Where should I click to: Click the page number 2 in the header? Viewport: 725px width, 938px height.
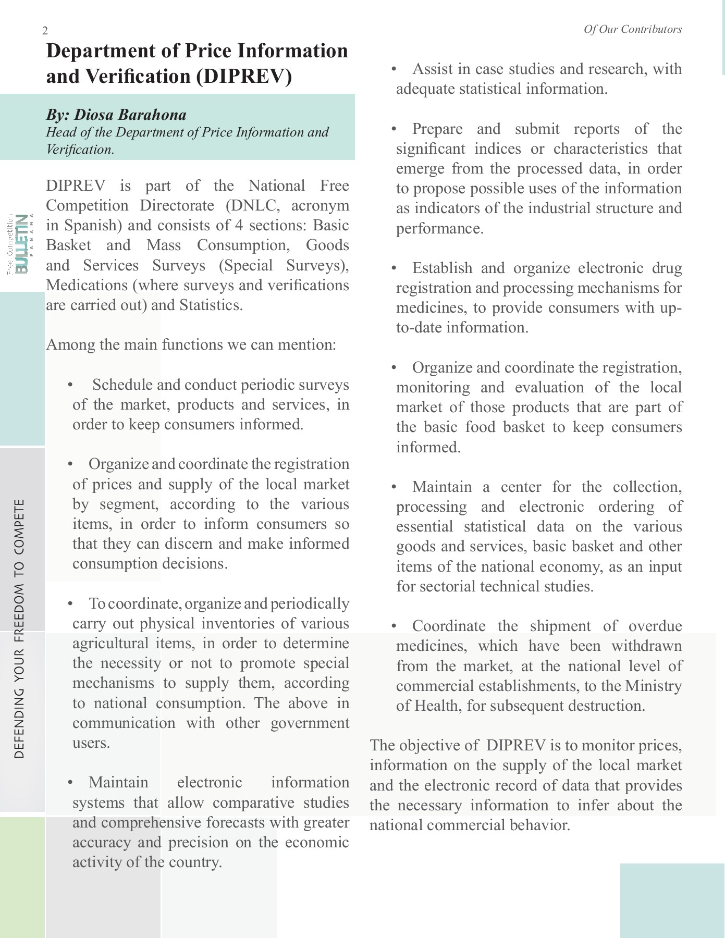(x=45, y=31)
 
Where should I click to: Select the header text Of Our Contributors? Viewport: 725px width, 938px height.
(x=632, y=29)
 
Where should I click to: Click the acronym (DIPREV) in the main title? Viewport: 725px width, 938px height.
(x=244, y=77)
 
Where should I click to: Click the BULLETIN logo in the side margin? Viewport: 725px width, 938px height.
(x=22, y=243)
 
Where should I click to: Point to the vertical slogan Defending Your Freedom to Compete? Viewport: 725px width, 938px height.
(x=20, y=628)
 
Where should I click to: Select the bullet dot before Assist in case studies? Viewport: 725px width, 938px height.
(x=394, y=69)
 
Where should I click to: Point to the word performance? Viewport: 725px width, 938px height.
(x=439, y=228)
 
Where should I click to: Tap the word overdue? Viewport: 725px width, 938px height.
(x=655, y=626)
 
